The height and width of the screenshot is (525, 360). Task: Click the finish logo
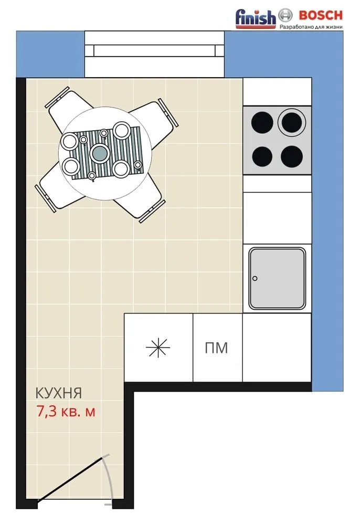point(256,18)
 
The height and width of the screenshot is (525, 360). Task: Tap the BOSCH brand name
point(321,15)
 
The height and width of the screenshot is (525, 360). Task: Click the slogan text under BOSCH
point(311,26)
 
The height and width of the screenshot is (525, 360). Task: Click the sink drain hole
point(255,278)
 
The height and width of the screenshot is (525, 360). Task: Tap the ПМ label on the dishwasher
point(216,348)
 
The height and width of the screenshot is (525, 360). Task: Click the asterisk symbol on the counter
point(158,348)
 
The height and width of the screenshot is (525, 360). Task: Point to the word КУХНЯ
point(59,393)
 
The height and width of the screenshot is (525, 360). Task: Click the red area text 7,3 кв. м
point(66,411)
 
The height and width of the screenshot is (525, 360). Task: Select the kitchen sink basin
point(277,278)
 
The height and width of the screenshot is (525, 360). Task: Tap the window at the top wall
point(155,54)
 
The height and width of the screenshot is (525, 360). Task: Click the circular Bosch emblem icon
point(285,15)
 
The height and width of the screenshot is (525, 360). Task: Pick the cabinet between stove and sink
point(277,218)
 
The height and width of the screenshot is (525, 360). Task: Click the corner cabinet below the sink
point(277,347)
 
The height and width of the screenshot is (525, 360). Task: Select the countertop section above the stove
point(277,91)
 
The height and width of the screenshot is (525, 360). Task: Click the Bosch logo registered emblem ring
point(285,15)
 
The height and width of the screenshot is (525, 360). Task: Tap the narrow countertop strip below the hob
point(277,183)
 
